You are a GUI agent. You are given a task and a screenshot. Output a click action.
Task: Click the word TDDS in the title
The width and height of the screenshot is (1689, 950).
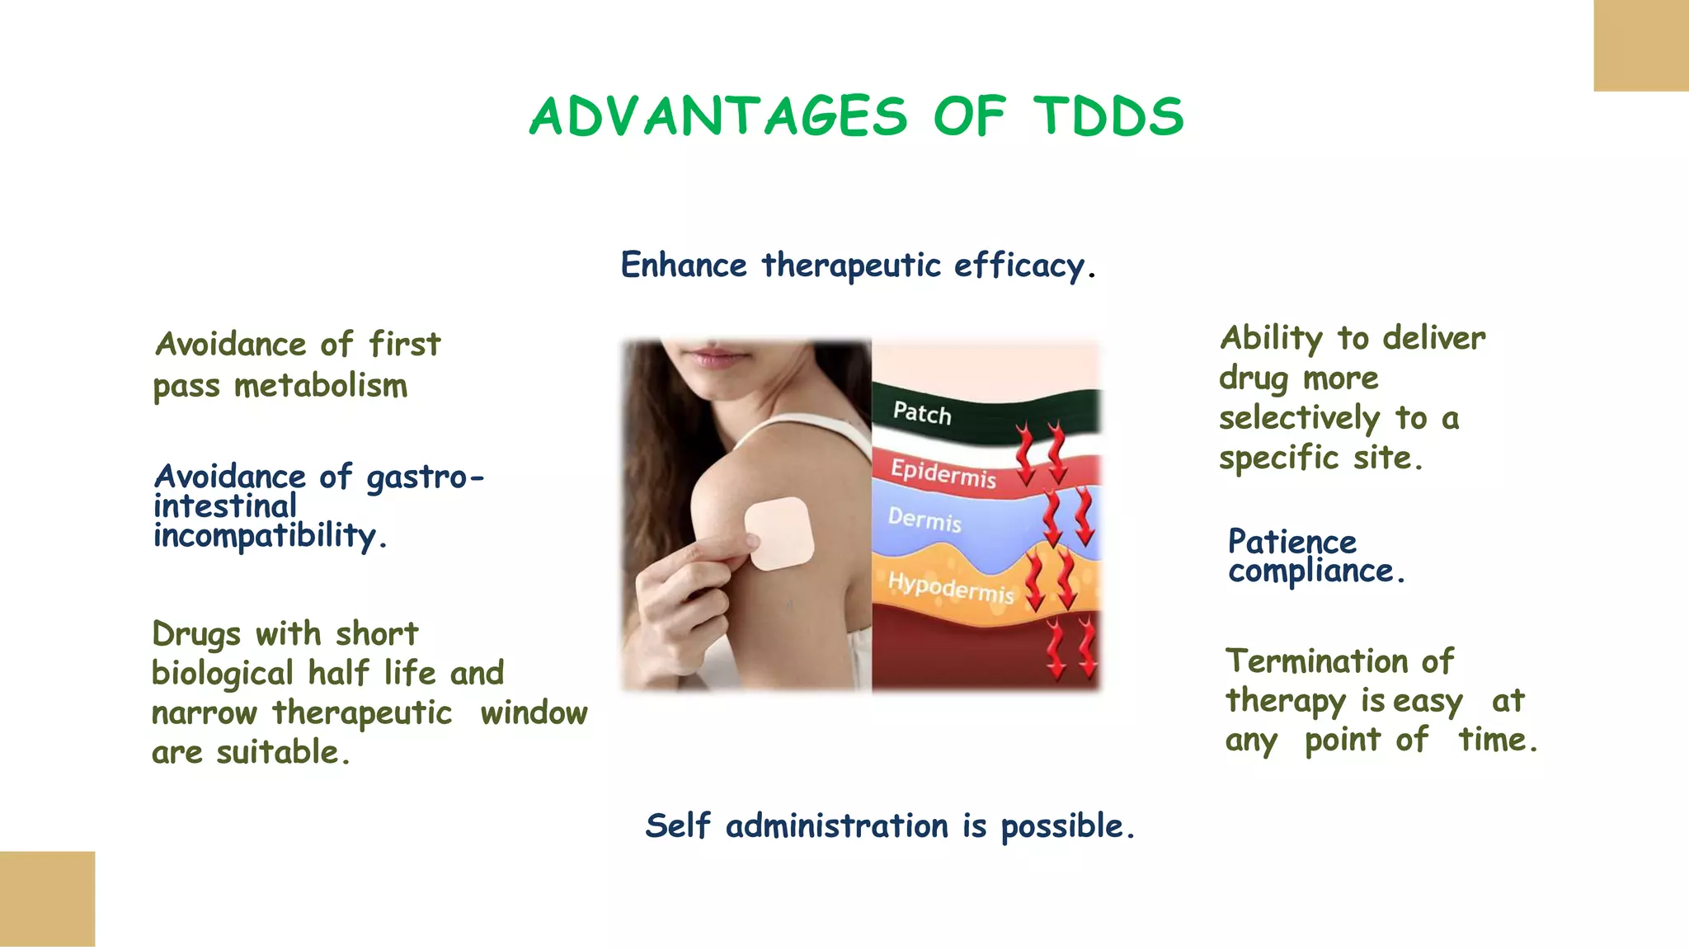(1108, 116)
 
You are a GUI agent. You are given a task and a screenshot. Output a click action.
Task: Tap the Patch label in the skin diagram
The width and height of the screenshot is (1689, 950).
(922, 412)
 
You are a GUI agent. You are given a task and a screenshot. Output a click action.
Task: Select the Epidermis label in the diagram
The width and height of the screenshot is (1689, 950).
(943, 473)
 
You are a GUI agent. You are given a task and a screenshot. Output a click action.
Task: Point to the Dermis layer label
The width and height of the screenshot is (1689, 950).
(924, 520)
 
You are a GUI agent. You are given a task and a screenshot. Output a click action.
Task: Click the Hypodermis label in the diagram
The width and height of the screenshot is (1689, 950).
(950, 586)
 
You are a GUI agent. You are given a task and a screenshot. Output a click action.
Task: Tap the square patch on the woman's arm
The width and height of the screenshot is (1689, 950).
(779, 534)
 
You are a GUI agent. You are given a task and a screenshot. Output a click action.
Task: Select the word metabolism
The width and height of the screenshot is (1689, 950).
(321, 386)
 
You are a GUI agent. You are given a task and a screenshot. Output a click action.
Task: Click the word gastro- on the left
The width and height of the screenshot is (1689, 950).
(425, 477)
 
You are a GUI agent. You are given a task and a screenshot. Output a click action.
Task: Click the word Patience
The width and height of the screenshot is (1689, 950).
(1291, 542)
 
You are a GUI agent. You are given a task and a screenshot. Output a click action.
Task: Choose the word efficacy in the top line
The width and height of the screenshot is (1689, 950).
(1019, 266)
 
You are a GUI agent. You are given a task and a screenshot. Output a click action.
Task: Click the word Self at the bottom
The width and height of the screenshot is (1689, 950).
(677, 825)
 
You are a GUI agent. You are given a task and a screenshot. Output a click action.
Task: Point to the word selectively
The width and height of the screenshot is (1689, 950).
(1299, 418)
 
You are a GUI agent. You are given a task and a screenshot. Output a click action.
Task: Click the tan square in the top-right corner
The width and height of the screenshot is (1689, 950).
(1641, 45)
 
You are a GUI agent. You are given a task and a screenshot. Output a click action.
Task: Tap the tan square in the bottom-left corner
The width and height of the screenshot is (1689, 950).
(47, 899)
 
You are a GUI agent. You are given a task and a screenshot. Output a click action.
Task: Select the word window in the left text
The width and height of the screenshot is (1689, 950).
(534, 712)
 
